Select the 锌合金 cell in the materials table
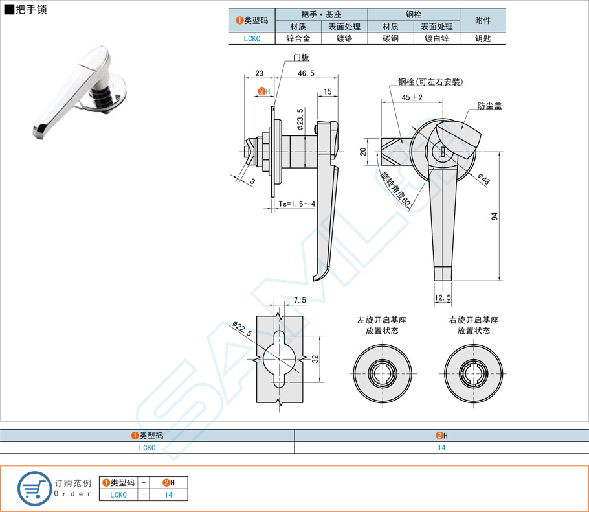(x=298, y=38)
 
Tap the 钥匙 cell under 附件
(x=483, y=38)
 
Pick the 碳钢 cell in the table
(x=390, y=38)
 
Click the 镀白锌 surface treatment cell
(x=437, y=38)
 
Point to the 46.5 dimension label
(x=306, y=74)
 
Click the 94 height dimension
(x=495, y=217)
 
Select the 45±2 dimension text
(x=412, y=97)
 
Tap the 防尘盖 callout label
(x=490, y=106)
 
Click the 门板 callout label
(x=301, y=58)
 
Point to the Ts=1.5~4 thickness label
(x=297, y=204)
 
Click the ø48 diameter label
(x=484, y=179)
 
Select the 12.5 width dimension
(x=443, y=297)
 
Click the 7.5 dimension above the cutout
(x=300, y=300)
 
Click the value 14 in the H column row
(x=441, y=447)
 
